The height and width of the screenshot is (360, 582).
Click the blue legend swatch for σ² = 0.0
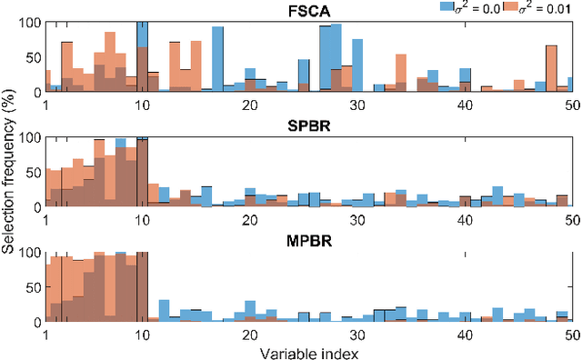click(x=447, y=5)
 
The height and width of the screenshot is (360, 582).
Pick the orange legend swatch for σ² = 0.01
click(x=512, y=5)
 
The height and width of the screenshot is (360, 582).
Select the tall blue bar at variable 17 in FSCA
click(x=218, y=59)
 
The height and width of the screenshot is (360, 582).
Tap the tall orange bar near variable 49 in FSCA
click(x=551, y=68)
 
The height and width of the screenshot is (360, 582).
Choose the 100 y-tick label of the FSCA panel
click(x=27, y=22)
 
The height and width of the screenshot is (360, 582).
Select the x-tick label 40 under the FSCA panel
click(x=465, y=105)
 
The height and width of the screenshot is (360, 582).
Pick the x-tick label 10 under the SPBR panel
click(x=142, y=220)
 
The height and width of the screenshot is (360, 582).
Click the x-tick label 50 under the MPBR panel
click(x=572, y=335)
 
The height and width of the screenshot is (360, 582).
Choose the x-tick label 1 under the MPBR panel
click(x=45, y=335)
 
